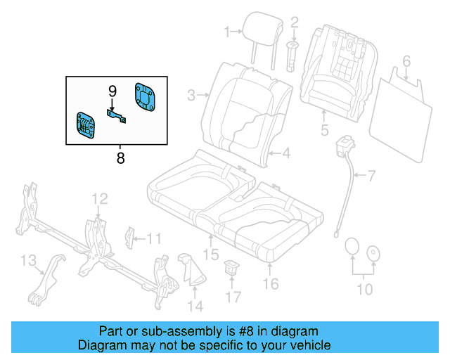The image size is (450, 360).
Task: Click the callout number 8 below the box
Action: point(120,158)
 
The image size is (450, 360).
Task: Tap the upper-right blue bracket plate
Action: point(146,96)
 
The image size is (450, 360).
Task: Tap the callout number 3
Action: point(191,94)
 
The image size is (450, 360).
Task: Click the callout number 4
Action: point(286,153)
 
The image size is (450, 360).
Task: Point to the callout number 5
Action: point(324,130)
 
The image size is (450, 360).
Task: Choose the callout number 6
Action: point(406,60)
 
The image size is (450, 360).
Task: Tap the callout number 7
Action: point(372,174)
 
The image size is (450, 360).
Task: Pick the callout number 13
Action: point(27,262)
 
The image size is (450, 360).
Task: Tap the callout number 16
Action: point(270,283)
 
